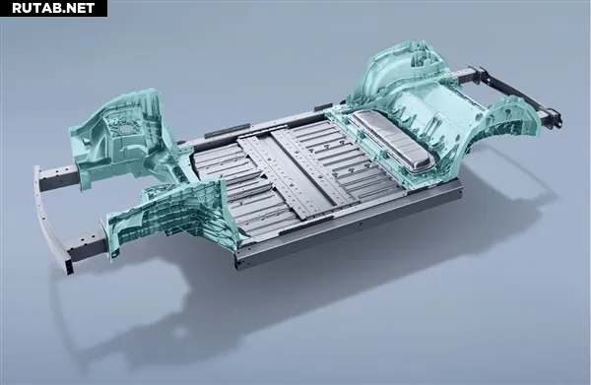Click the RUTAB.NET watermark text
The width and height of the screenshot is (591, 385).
pos(53,8)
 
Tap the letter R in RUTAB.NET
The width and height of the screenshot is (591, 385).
pos(17,8)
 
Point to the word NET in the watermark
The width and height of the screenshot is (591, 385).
pos(79,8)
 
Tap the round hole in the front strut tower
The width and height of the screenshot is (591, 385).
pos(125,128)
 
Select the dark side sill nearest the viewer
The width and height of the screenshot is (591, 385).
pos(347,226)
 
